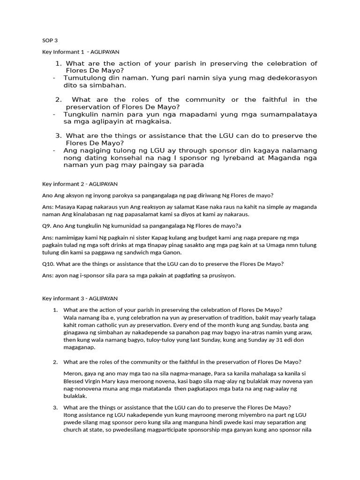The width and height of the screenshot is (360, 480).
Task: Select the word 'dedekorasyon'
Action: coord(293,77)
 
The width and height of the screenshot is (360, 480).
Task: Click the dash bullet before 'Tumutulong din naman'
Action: coord(54,77)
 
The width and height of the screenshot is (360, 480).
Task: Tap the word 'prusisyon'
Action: coord(220,276)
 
